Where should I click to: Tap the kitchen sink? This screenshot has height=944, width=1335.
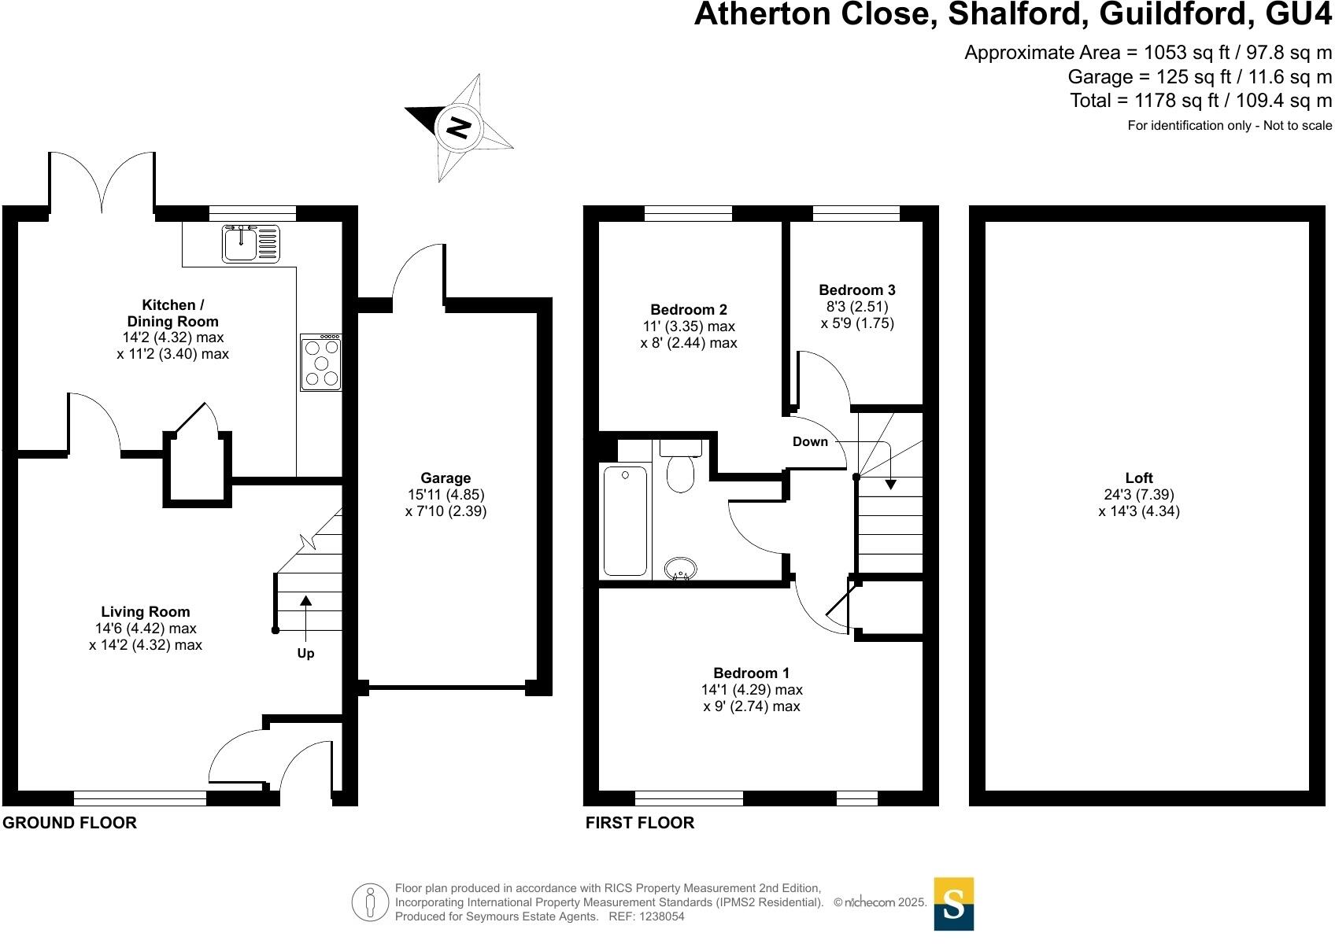coord(250,243)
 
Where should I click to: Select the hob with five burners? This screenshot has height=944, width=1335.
coord(321,363)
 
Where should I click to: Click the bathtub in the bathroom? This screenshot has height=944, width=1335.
coord(625,520)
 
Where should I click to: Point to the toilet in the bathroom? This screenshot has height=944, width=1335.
coord(680,470)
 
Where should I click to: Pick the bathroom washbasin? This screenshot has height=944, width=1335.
coord(680,568)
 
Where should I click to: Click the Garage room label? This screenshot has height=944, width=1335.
coord(446,478)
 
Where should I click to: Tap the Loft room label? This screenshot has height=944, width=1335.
coord(1138,478)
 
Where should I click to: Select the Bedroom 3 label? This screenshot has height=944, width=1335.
coord(856,290)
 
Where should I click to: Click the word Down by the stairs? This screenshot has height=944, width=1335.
coord(810,441)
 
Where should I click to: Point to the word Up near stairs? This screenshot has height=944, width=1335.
coord(305,654)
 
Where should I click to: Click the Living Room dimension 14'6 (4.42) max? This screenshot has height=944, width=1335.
coord(145,629)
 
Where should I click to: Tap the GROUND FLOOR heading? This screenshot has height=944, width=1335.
coord(69,823)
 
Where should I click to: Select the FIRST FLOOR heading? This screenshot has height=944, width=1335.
coord(639,823)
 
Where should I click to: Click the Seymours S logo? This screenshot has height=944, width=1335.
coord(953,904)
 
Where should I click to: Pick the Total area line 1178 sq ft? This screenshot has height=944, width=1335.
coord(1200,101)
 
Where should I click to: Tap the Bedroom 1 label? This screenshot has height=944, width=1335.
coord(751,673)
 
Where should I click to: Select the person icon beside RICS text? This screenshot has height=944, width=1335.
coord(370,902)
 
